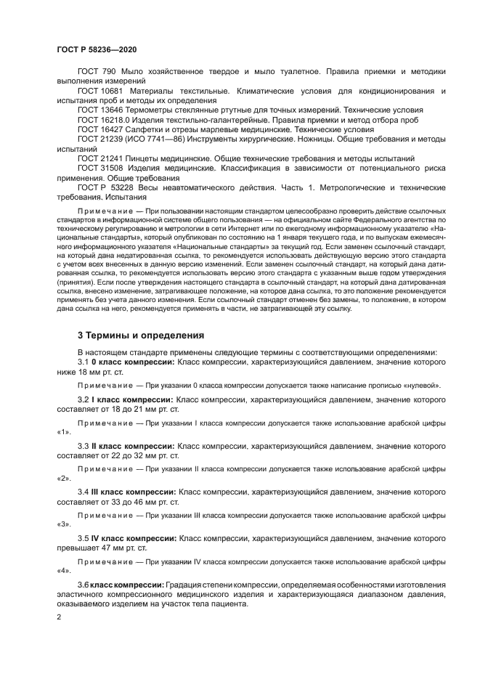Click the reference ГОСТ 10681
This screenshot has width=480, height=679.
tap(99, 91)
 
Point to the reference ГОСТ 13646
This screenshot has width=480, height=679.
tap(99, 110)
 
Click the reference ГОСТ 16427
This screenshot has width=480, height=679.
tap(99, 129)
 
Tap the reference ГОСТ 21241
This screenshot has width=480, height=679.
tap(99, 158)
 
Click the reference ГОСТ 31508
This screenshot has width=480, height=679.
tap(99, 167)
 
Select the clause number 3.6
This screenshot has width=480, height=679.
tap(83, 585)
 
